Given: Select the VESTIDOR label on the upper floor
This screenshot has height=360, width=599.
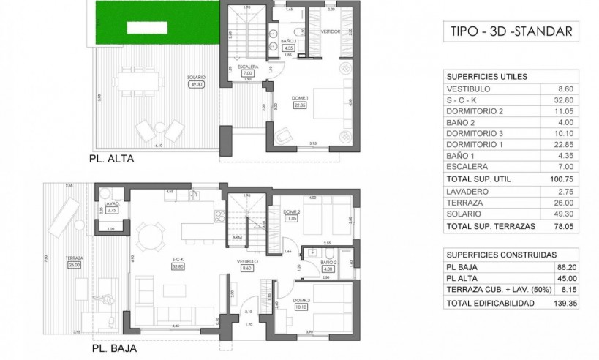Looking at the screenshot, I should pyautogui.click(x=332, y=31).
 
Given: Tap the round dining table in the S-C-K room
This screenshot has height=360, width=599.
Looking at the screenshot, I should pyautogui.click(x=150, y=236).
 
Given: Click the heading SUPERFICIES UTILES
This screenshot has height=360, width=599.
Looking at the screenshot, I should pyautogui.click(x=486, y=76).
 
